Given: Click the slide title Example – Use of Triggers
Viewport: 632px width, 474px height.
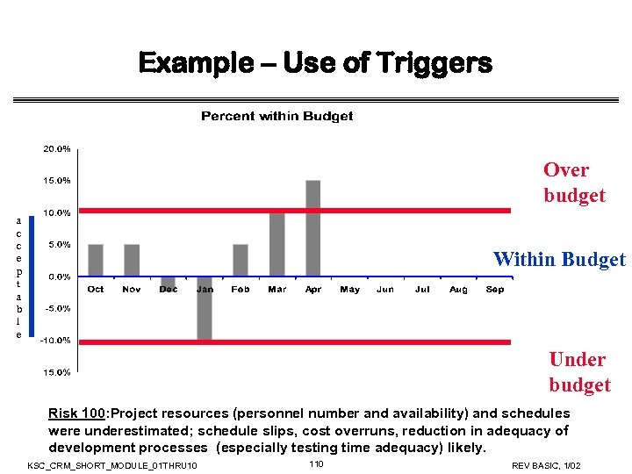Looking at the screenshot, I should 315,63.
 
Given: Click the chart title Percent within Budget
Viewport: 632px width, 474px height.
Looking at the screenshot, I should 276,116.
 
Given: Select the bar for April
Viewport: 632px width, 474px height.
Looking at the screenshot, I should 313,228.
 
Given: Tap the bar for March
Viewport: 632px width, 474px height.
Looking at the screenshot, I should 277,244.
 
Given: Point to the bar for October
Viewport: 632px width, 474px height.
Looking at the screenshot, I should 96,260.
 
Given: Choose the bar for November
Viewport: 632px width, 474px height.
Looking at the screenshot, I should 132,260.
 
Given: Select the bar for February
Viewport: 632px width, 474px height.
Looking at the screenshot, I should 241,260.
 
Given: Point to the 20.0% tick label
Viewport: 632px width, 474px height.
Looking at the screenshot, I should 58,149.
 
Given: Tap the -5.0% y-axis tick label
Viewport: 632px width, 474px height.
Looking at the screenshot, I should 58,308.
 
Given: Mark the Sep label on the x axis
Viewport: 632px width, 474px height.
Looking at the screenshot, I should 495,290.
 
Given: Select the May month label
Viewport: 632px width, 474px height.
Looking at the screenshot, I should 349,290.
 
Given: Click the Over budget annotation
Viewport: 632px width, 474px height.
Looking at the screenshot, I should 574,183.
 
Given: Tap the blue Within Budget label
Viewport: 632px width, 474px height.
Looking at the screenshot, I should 559,259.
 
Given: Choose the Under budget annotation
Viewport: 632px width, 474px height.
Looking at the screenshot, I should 578,372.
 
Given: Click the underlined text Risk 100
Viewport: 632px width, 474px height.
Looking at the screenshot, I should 76,413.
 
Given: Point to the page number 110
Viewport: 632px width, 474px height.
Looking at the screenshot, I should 317,463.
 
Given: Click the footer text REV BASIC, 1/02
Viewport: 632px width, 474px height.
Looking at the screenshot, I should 546,465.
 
